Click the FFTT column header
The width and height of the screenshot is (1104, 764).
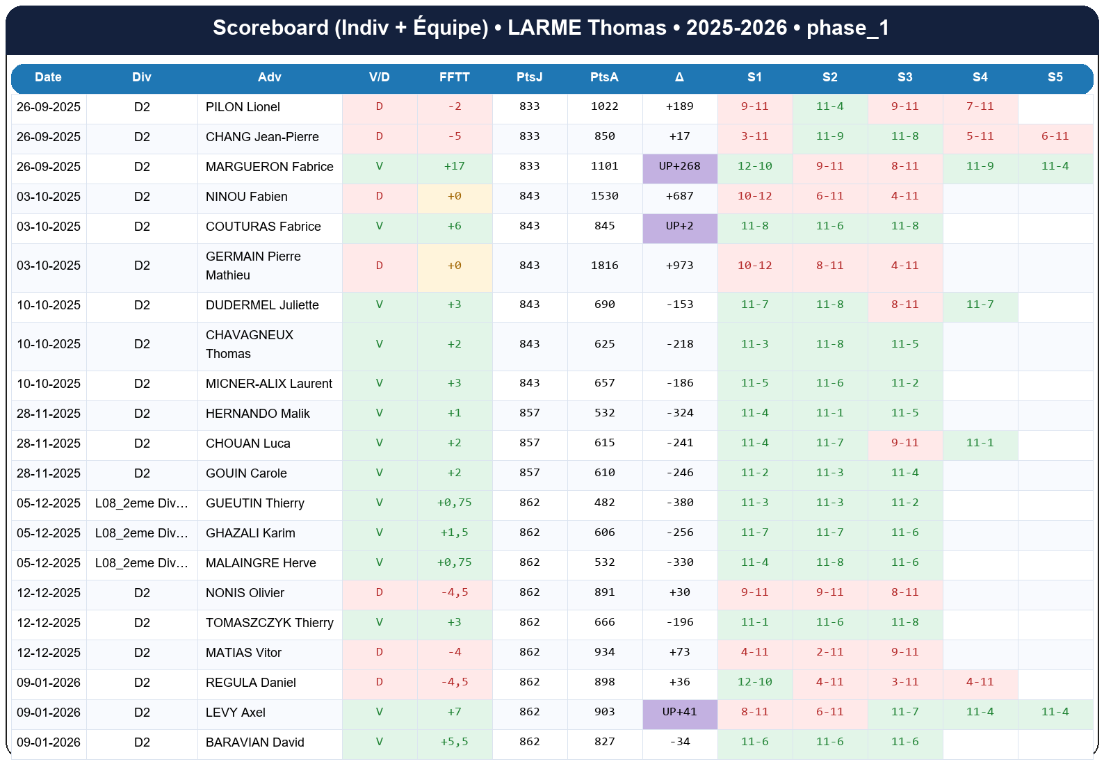point(454,77)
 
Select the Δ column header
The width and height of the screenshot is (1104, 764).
point(679,77)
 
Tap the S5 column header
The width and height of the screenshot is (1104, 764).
point(1055,77)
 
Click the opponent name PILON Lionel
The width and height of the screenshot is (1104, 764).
point(243,107)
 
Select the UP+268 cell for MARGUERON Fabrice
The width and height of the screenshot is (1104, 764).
point(679,166)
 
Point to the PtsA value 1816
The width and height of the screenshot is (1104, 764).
point(604,266)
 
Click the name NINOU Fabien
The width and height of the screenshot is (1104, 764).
point(246,197)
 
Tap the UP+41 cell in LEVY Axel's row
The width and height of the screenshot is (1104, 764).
point(679,712)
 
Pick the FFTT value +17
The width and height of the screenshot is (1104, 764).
point(454,166)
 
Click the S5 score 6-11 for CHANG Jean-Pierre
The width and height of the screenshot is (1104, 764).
point(1055,136)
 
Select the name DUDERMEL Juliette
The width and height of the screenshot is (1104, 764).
point(262,305)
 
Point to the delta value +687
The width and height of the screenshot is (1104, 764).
point(679,196)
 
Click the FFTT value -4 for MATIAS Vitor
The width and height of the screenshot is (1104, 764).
point(454,652)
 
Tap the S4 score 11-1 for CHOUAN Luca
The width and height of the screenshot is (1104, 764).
point(980,443)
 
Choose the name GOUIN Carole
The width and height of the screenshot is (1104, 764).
point(246,473)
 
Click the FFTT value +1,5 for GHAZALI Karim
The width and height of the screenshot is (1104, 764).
point(454,533)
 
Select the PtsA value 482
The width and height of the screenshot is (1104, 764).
point(604,503)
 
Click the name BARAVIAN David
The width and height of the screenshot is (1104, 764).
point(254,742)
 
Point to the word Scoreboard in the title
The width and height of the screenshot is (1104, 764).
point(270,28)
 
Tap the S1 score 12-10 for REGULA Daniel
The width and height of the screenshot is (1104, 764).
point(754,682)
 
